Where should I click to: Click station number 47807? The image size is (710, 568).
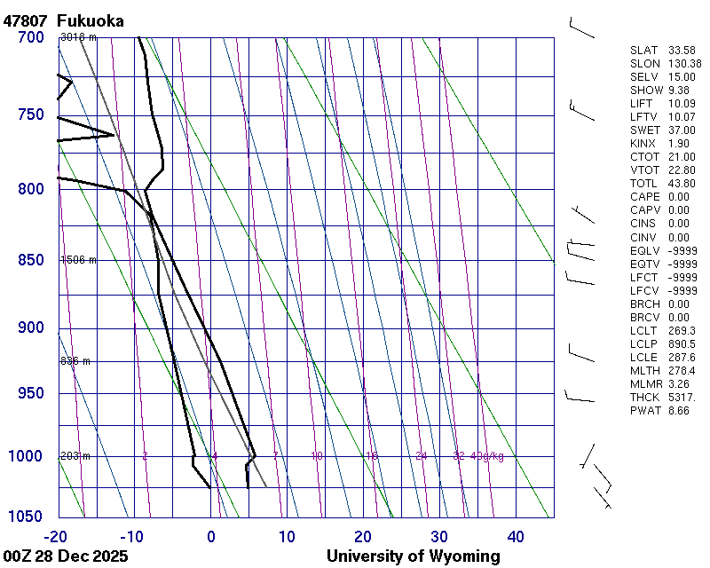point(25,20)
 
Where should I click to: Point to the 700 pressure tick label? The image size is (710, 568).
point(30,37)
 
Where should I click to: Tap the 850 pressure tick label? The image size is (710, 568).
point(30,260)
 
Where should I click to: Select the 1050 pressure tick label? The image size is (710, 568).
point(27,517)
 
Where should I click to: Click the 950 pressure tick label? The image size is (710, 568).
point(30,393)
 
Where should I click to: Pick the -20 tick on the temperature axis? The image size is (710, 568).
point(57,536)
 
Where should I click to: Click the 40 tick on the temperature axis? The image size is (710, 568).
point(516,536)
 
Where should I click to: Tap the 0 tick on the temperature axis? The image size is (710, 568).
point(211,536)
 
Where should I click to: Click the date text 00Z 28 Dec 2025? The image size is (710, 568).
point(66,556)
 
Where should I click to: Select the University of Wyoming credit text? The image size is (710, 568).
point(413,556)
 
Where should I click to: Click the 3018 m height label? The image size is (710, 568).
point(78,37)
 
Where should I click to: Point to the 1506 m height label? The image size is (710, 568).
point(78,260)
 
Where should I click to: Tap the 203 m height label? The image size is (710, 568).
point(75,456)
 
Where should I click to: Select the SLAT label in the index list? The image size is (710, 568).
point(644,51)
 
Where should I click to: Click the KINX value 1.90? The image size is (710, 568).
point(679,144)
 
